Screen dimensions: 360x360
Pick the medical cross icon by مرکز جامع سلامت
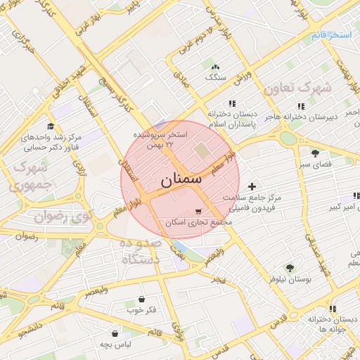tap(252, 186)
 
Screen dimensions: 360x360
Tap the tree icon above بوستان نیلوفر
tap(289, 267)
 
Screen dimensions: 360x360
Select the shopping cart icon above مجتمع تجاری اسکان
tap(198, 211)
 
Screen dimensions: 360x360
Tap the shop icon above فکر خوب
tap(142, 299)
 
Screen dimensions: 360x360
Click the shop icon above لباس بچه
tap(115, 333)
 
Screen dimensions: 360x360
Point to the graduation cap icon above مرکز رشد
tap(51, 125)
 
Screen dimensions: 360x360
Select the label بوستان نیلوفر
tap(290, 279)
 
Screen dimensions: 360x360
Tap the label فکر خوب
tap(141, 310)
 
